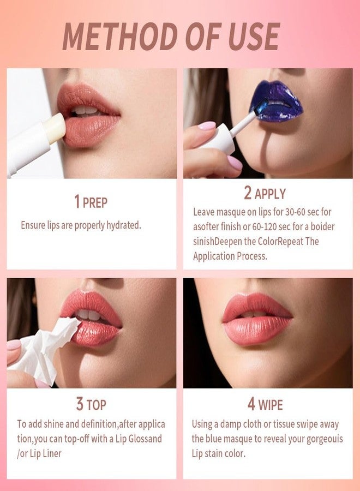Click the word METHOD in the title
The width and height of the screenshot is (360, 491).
(120, 37)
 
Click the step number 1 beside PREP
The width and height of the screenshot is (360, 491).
(77, 201)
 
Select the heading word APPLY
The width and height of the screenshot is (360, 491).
(270, 194)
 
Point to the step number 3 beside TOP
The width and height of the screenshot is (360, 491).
(80, 404)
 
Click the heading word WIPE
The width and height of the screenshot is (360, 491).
(271, 405)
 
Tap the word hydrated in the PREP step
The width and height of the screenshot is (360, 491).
(124, 225)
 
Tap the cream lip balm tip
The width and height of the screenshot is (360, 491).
(55, 128)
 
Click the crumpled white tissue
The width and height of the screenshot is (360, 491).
(47, 349)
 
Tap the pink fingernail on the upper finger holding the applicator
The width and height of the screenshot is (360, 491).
(207, 125)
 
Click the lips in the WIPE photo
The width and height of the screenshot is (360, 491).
(257, 318)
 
